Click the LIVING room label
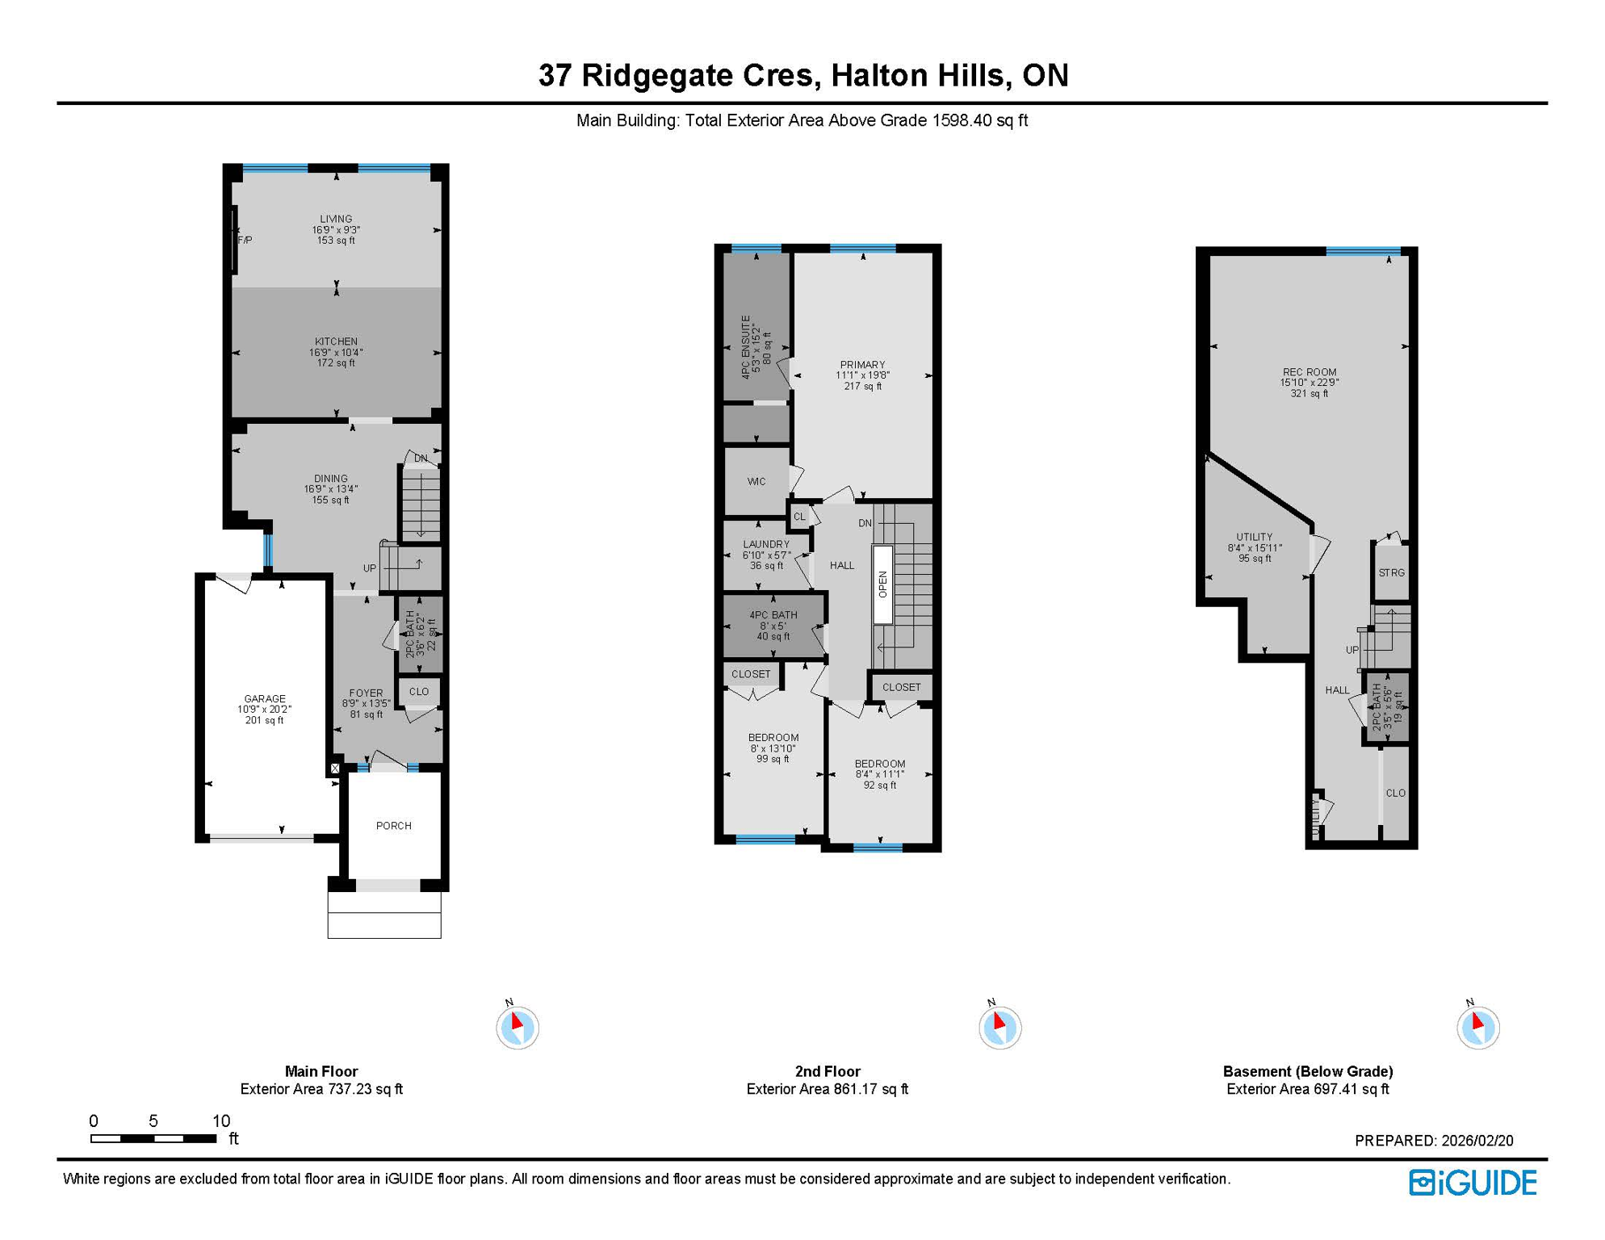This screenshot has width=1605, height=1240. (x=336, y=219)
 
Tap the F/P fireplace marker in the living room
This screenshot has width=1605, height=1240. (x=245, y=240)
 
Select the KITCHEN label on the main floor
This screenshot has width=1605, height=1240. (x=336, y=341)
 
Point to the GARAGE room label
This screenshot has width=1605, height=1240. (x=265, y=699)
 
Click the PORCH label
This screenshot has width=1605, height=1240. (x=394, y=826)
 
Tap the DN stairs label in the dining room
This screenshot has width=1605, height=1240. (x=421, y=459)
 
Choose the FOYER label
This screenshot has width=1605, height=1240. (x=366, y=693)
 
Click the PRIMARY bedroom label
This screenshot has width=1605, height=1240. (x=862, y=365)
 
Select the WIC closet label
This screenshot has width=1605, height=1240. (x=756, y=482)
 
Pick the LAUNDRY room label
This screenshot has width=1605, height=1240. (x=766, y=545)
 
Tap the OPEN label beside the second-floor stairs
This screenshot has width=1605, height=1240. (x=882, y=584)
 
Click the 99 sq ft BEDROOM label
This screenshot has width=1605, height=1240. (x=773, y=738)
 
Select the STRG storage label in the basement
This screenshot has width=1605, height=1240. (x=1391, y=573)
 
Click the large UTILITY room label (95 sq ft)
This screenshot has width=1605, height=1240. (x=1254, y=538)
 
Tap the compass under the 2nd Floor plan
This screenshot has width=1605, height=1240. (x=999, y=1027)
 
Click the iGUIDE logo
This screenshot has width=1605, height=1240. (x=1473, y=1183)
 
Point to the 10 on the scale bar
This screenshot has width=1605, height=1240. (x=221, y=1121)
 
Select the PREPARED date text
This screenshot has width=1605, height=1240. (x=1434, y=1141)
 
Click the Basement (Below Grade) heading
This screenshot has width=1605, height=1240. (x=1308, y=1071)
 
